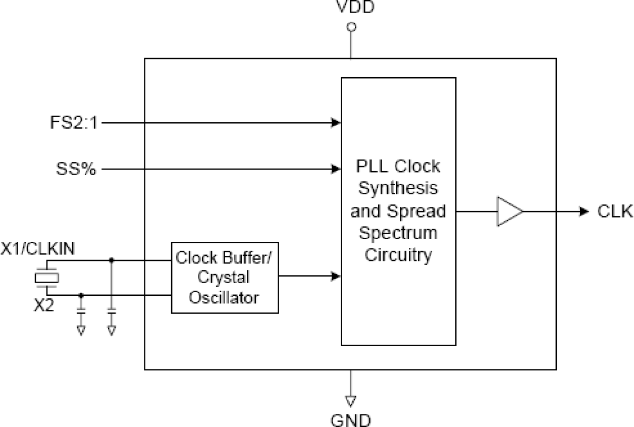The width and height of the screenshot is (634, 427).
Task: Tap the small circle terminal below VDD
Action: (x=351, y=27)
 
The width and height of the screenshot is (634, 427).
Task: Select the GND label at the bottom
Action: (x=350, y=419)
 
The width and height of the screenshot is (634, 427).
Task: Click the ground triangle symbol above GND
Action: (x=350, y=400)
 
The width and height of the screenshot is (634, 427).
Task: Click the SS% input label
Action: (x=76, y=169)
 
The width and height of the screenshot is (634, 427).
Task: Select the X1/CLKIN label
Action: (x=38, y=249)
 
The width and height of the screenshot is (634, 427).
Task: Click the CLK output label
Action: (x=614, y=211)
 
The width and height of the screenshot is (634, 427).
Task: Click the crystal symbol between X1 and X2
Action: (x=46, y=278)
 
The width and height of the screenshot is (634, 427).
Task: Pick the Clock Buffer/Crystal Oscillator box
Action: (x=225, y=277)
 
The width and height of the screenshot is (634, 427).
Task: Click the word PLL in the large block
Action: (x=373, y=166)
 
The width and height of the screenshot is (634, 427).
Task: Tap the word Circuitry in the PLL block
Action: (x=398, y=255)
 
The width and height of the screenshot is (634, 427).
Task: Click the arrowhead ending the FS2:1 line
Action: (x=336, y=123)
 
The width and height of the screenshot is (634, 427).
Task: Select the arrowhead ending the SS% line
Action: (x=336, y=169)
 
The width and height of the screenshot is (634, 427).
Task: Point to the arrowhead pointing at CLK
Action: (x=584, y=211)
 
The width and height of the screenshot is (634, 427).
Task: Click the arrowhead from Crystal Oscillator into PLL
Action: (x=336, y=276)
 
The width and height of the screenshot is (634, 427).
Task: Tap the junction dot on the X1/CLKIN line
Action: (x=112, y=260)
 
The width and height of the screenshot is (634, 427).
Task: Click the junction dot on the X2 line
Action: (x=81, y=295)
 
